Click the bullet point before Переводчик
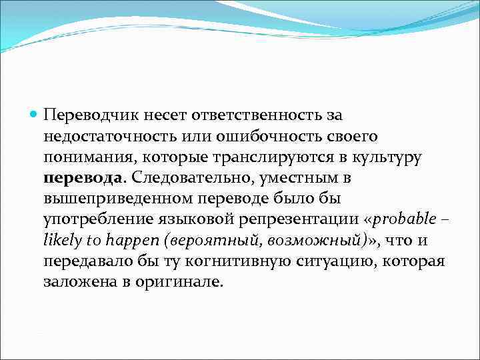pos(35,115)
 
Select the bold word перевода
pos(83,178)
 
